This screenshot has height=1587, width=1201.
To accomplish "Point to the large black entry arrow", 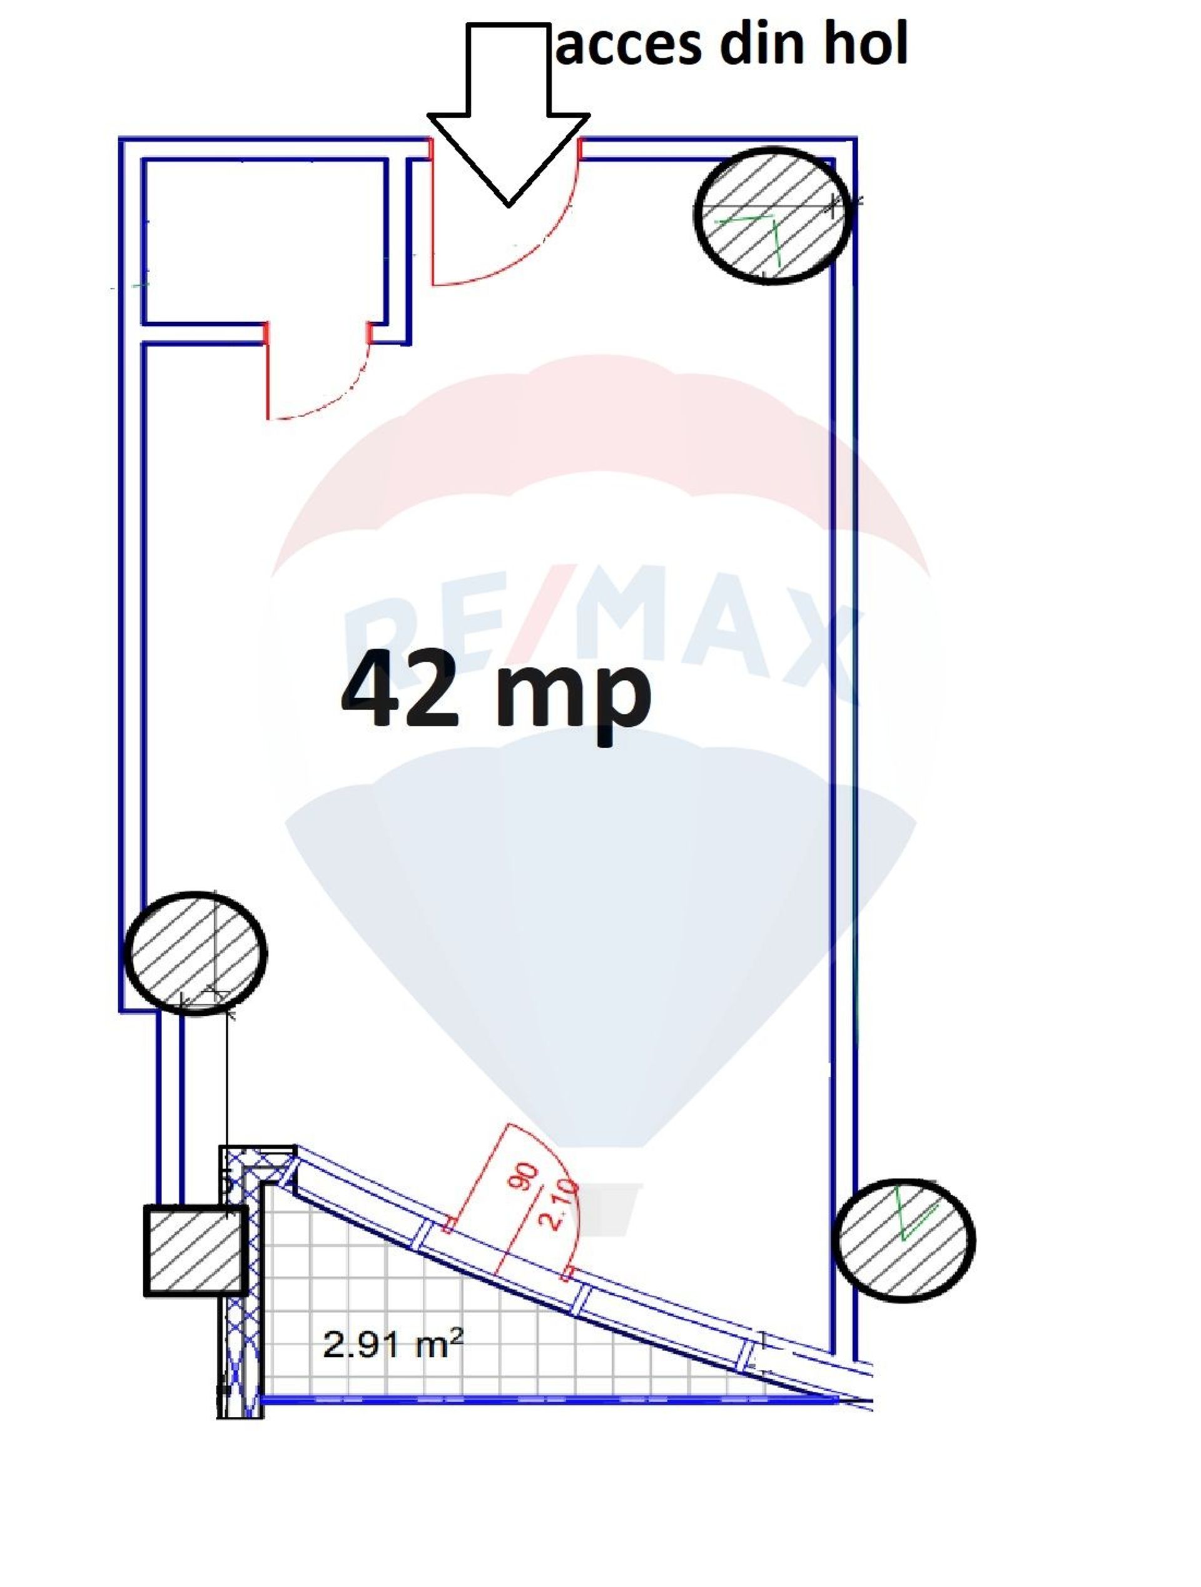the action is [508, 113].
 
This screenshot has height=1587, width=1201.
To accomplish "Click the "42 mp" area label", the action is [497, 694].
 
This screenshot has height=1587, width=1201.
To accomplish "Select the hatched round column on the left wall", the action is [195, 953].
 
